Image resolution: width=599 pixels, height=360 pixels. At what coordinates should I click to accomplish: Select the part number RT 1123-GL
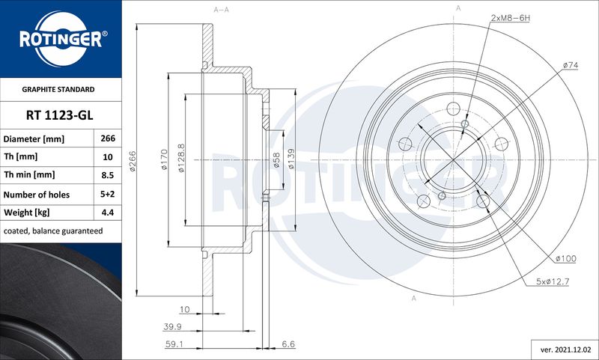pyautogui.click(x=60, y=115)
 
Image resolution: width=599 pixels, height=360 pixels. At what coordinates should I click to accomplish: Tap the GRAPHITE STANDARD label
pyautogui.click(x=58, y=89)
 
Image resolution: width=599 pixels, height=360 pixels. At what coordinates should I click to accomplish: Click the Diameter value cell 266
pyautogui.click(x=108, y=138)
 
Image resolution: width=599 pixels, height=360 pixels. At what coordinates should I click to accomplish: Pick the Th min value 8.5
pyautogui.click(x=108, y=175)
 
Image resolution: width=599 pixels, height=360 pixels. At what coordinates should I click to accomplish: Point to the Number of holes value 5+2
pyautogui.click(x=108, y=194)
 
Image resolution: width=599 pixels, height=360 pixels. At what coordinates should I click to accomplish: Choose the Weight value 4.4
pyautogui.click(x=108, y=213)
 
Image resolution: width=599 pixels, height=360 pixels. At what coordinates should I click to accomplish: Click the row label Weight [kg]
pyautogui.click(x=26, y=213)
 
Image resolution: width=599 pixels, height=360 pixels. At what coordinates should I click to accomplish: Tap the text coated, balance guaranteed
pyautogui.click(x=53, y=231)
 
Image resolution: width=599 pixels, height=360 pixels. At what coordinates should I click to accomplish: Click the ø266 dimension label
pyautogui.click(x=133, y=161)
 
